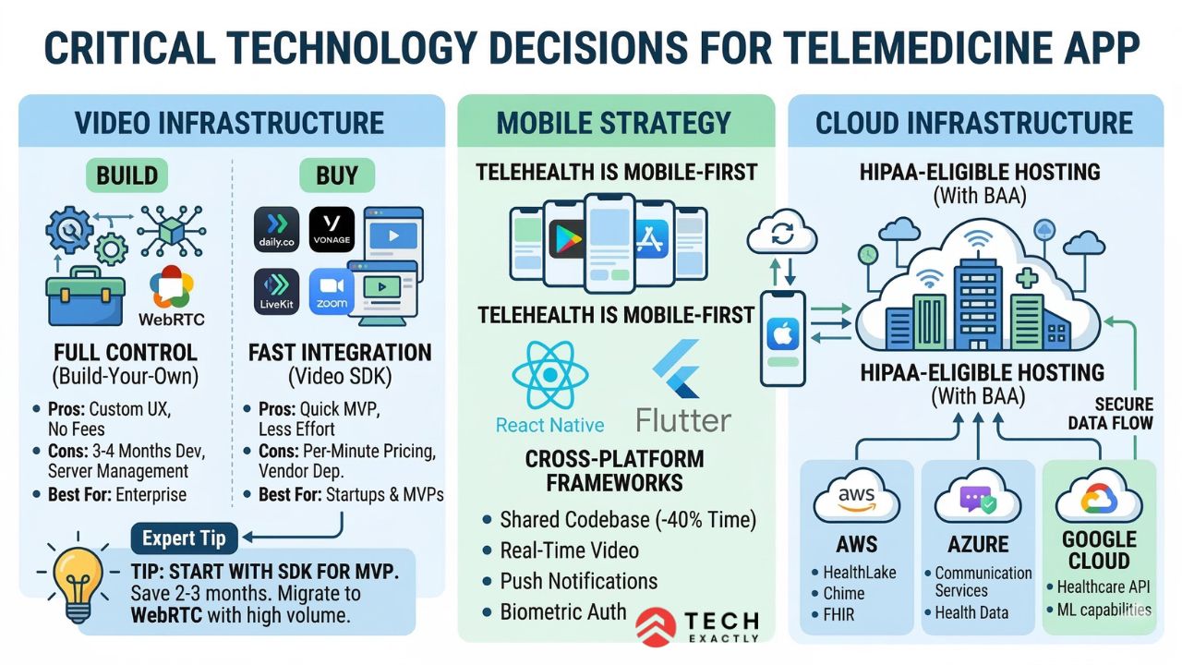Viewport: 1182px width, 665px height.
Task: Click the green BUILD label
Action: tap(127, 175)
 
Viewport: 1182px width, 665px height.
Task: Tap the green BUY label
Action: tap(337, 175)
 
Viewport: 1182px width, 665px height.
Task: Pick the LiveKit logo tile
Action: tap(276, 291)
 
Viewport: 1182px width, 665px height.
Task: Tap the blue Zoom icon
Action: tap(332, 291)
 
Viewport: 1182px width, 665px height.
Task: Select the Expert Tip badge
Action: tap(183, 538)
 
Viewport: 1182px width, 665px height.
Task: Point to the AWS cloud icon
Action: tap(856, 500)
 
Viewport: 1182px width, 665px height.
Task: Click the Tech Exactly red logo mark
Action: tap(656, 626)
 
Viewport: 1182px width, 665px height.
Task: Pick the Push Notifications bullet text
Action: tap(579, 581)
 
